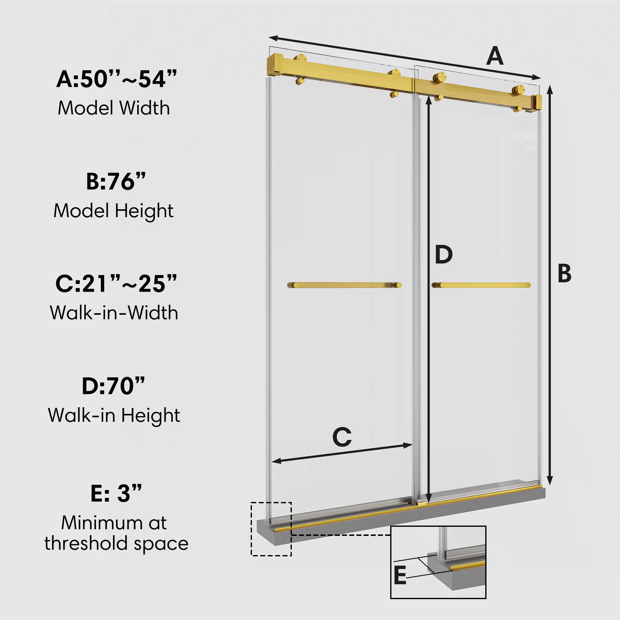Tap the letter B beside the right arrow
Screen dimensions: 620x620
coord(564,273)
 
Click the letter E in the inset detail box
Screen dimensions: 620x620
coord(400,575)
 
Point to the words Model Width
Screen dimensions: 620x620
coord(114,108)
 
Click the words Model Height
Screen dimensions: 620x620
coord(113,211)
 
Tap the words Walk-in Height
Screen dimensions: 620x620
coord(114,415)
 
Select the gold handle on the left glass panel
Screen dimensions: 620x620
coord(344,285)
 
